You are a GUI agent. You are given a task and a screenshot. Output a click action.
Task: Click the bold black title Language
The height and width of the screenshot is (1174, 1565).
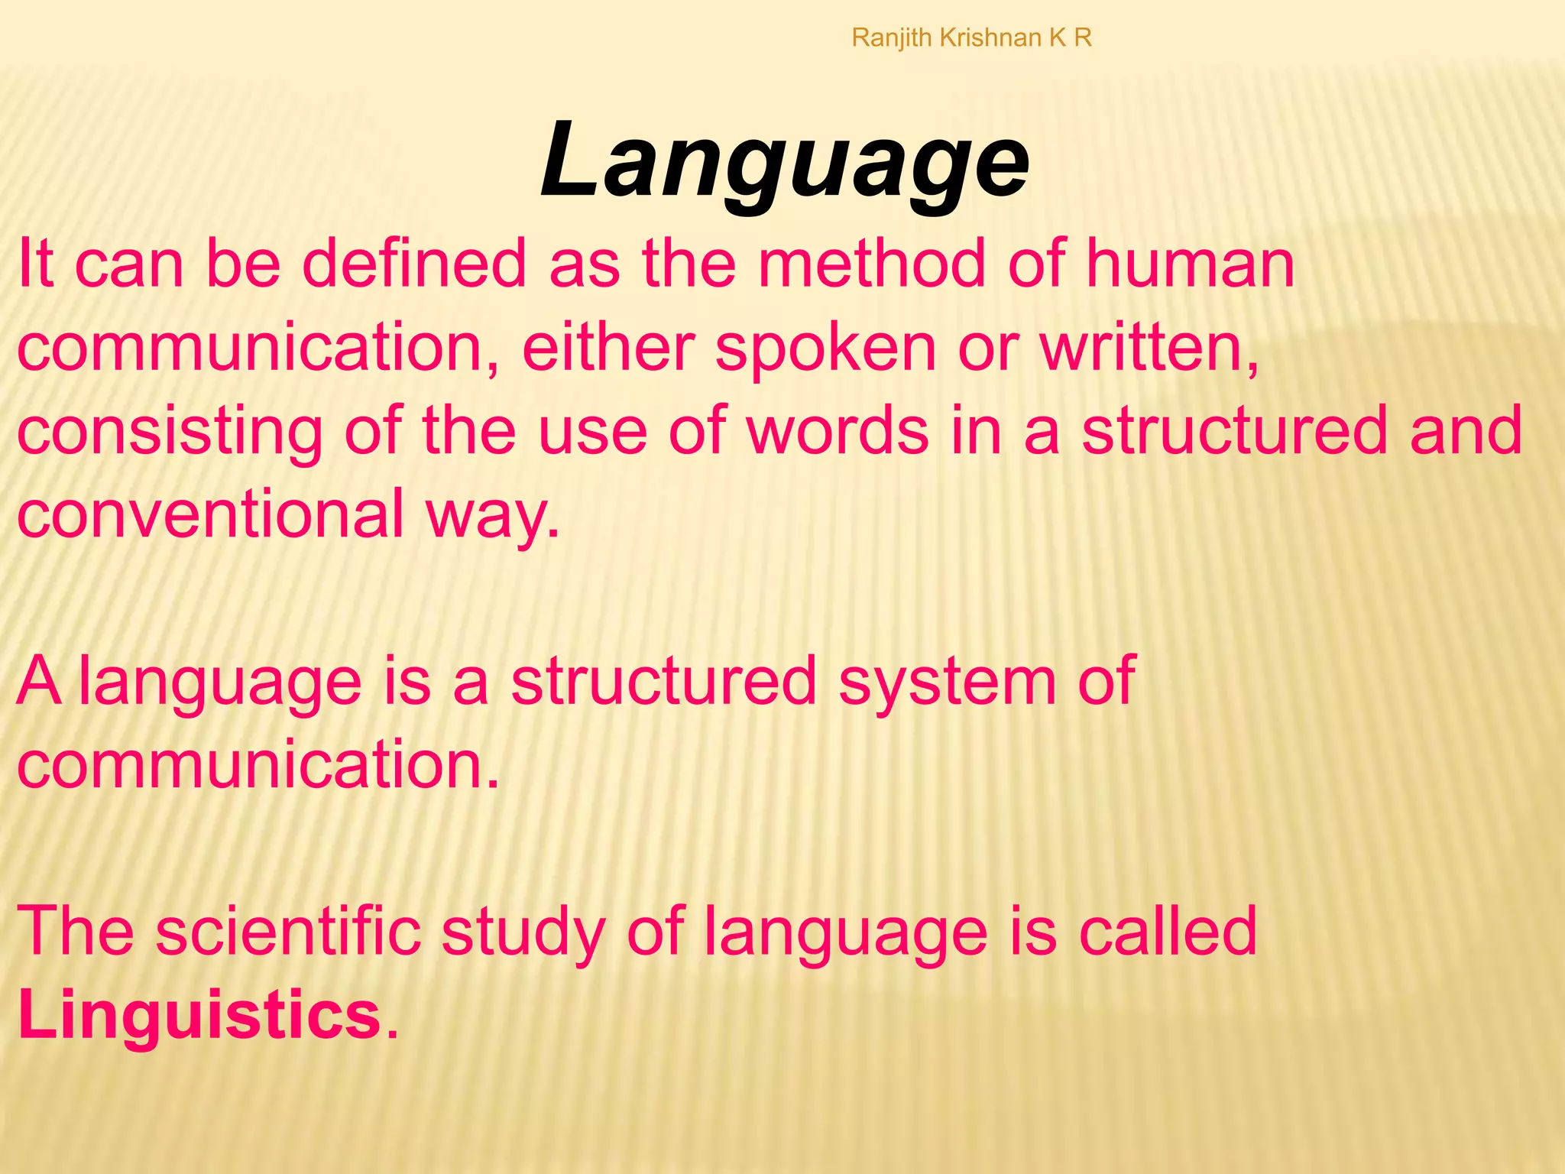point(785,162)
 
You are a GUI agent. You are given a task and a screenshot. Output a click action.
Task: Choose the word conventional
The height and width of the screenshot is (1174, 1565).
point(210,514)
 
